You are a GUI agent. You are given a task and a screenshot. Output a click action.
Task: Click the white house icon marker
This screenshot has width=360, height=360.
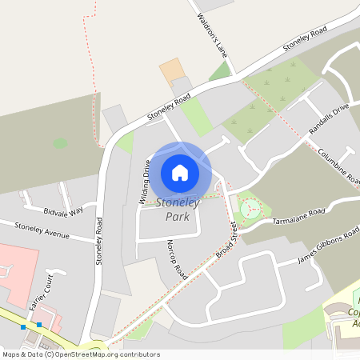click(180, 172)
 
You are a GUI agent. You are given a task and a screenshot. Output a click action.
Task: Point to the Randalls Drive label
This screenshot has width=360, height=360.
click(329, 118)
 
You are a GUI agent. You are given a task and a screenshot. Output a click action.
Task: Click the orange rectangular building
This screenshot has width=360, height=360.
click(170, 70)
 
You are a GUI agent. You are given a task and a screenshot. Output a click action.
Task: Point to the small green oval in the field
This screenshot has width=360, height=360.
click(60, 144)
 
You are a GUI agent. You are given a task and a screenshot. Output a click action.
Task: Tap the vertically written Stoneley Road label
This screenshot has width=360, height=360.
click(99, 240)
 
